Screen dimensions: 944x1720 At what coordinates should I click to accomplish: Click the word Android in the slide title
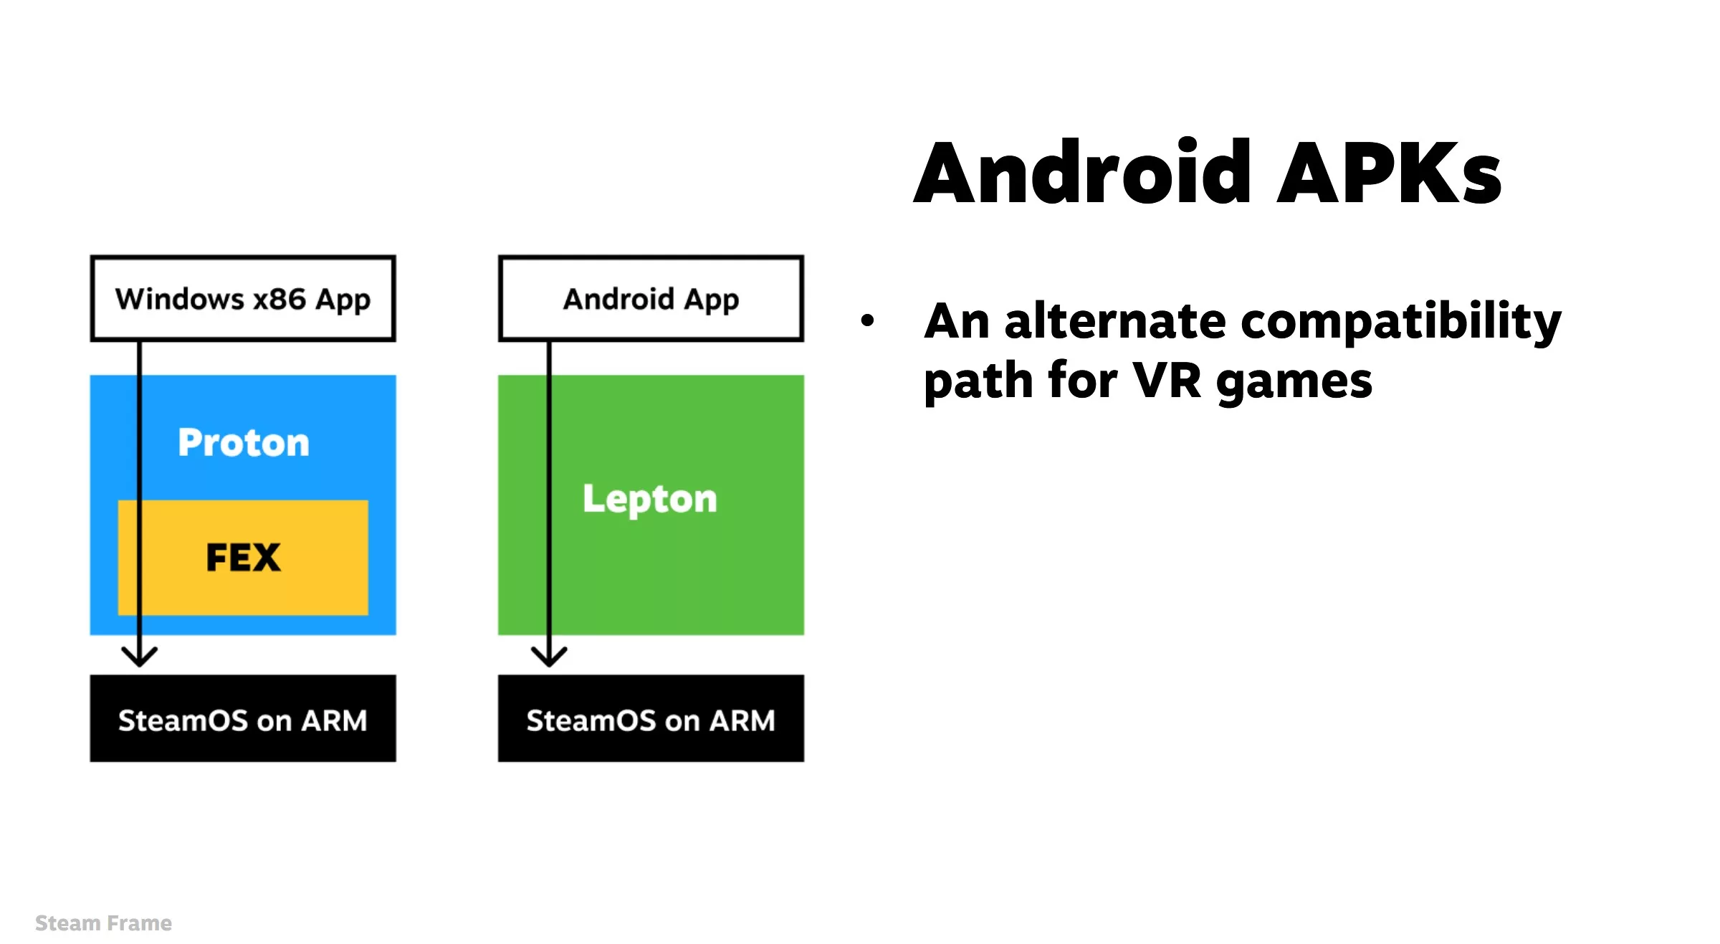pos(1082,173)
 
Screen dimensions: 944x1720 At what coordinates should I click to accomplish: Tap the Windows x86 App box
pos(243,298)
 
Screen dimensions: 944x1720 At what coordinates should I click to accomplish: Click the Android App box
pos(651,298)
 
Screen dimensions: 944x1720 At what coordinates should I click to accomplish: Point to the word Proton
pos(244,442)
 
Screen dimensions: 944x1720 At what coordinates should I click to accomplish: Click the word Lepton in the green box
pos(649,499)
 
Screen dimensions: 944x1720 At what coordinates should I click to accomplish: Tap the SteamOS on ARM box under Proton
pos(243,718)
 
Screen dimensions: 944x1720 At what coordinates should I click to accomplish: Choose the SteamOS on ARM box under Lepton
pos(651,718)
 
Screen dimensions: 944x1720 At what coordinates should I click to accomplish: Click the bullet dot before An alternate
pos(867,320)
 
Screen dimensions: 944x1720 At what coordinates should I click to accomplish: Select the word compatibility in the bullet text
pos(1400,322)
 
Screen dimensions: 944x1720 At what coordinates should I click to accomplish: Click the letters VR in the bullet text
pos(1166,381)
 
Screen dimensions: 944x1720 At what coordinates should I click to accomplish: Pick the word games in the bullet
pos(1294,382)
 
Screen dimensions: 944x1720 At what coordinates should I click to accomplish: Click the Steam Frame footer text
pos(103,923)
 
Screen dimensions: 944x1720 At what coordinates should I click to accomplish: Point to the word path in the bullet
pos(978,381)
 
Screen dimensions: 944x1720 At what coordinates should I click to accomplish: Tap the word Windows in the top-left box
pos(180,299)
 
